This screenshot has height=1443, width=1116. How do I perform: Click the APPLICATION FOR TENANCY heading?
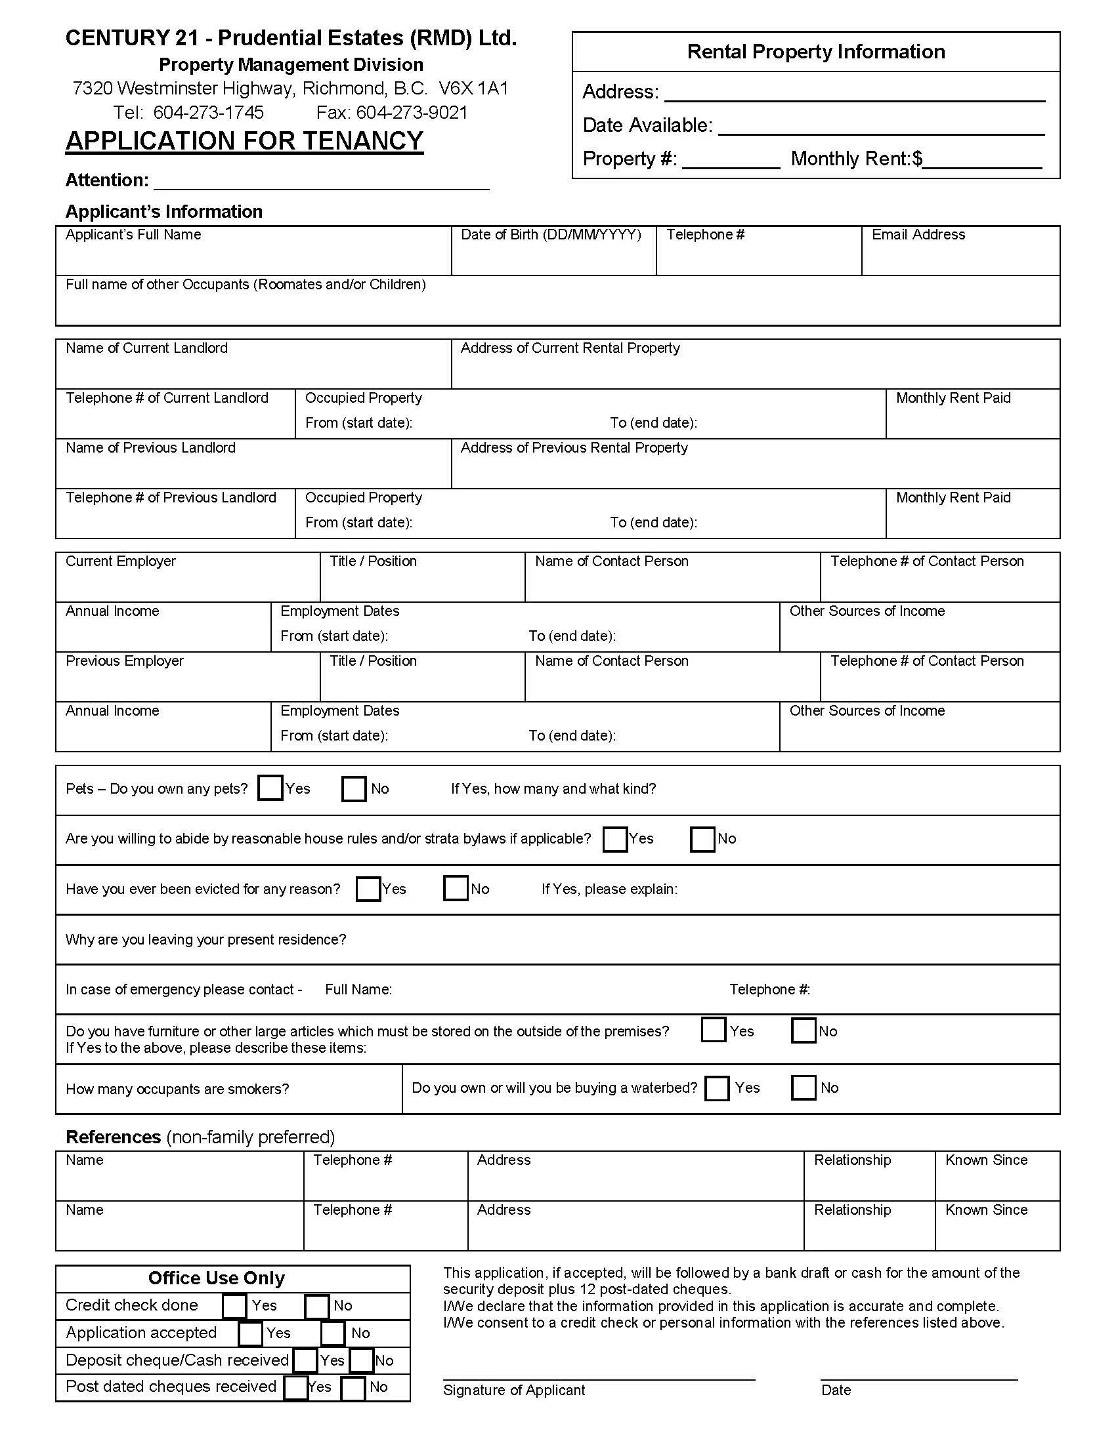pos(244,141)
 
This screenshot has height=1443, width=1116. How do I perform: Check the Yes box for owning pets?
pos(270,788)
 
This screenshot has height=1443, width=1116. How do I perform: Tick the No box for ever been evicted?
pos(456,888)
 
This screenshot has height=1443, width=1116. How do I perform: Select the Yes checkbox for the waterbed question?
pos(717,1088)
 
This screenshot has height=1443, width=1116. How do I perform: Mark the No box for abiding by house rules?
pos(702,839)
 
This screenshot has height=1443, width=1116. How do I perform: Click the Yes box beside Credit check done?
pos(234,1305)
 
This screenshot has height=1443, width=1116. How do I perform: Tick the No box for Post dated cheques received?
pos(353,1387)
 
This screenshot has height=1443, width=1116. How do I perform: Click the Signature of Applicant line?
pos(598,1373)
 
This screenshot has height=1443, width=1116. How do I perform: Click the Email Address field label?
pos(918,235)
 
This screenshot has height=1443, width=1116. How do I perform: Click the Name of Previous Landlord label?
pos(150,447)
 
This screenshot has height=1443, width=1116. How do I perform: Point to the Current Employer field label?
pos(120,561)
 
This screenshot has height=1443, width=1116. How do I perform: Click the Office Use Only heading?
pos(216,1278)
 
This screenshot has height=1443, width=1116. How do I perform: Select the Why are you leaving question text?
pos(205,939)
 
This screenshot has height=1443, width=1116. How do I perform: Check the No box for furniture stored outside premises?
pos(804,1030)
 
